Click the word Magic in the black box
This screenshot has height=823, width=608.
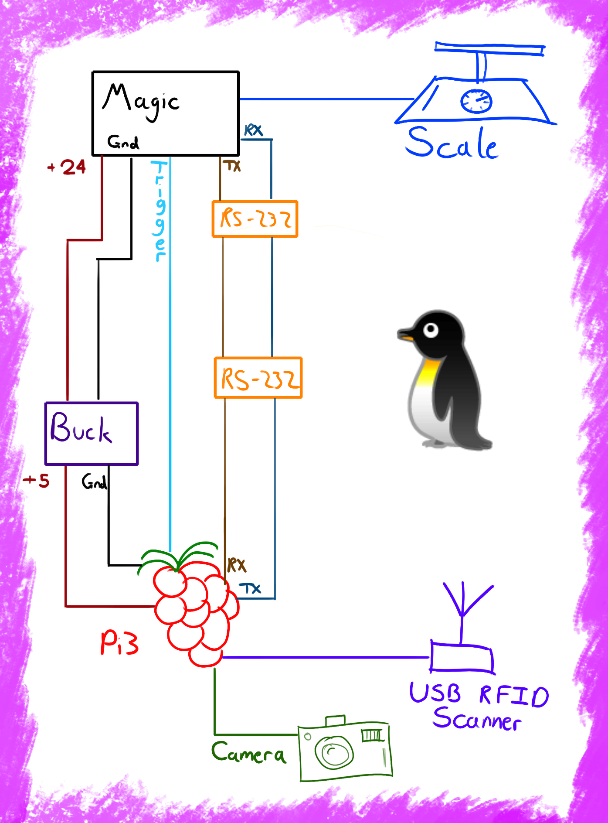click(140, 101)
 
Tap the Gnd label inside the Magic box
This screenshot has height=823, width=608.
click(123, 142)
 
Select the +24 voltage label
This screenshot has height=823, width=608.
click(68, 167)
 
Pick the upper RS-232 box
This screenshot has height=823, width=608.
click(255, 219)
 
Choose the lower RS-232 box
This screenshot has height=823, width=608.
click(258, 378)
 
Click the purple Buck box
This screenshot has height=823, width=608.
click(92, 433)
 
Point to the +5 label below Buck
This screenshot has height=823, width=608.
click(37, 481)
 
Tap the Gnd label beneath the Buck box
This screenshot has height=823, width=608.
click(94, 482)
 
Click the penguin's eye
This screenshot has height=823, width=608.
click(431, 329)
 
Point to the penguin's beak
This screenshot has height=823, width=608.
click(405, 336)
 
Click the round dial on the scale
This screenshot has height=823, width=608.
click(476, 101)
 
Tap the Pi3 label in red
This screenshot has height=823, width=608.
click(119, 643)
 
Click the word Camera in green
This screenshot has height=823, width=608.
click(248, 753)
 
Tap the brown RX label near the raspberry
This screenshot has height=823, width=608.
click(237, 565)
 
